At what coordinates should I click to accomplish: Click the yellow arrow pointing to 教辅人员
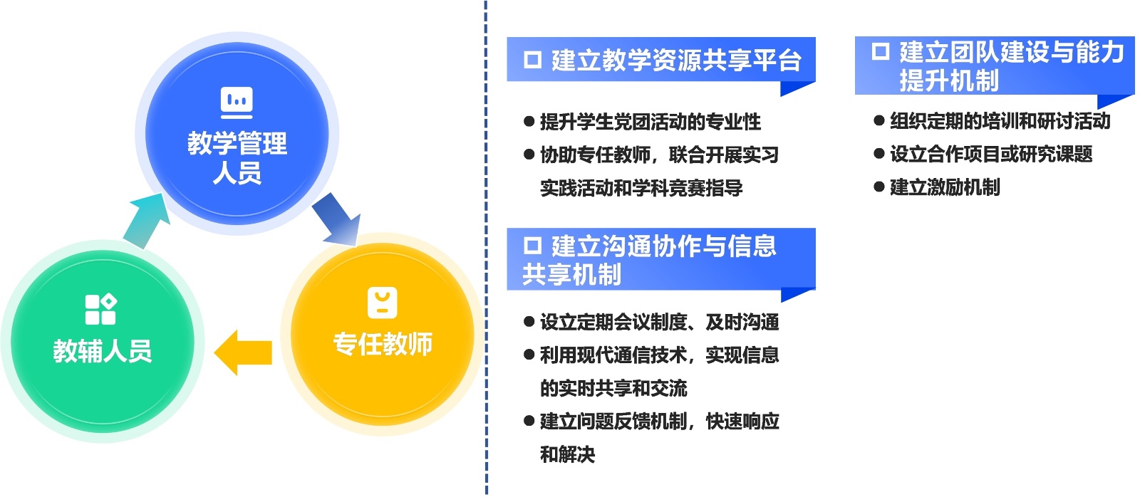pyautogui.click(x=243, y=352)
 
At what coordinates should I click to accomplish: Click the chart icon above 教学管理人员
pyautogui.click(x=237, y=103)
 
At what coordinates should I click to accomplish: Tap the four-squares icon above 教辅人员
pyautogui.click(x=100, y=309)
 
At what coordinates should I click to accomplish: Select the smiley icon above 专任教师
pyautogui.click(x=382, y=303)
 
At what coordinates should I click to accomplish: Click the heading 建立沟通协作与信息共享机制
pyautogui.click(x=649, y=260)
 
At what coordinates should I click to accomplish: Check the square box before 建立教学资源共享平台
pyautogui.click(x=533, y=60)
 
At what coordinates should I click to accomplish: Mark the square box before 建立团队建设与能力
pyautogui.click(x=881, y=51)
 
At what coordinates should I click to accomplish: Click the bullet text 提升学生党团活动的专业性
pyautogui.click(x=651, y=122)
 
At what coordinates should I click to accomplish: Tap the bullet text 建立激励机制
pyautogui.click(x=945, y=187)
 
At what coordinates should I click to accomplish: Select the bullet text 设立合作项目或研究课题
pyautogui.click(x=991, y=154)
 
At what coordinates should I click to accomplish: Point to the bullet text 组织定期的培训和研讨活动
pyautogui.click(x=1000, y=121)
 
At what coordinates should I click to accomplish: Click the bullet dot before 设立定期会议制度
pyautogui.click(x=529, y=322)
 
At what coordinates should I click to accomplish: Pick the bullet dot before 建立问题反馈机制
pyautogui.click(x=529, y=421)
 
